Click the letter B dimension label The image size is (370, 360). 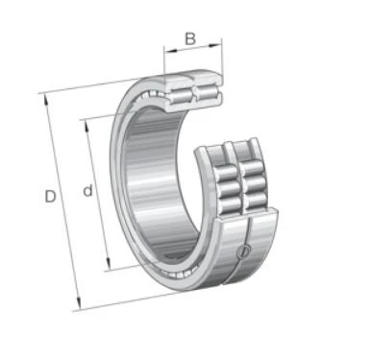tap(190, 38)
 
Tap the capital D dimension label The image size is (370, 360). tap(50, 196)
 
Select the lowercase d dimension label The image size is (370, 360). tap(87, 190)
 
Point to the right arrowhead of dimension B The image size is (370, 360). tap(215, 45)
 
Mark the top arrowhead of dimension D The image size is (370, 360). tap(46, 100)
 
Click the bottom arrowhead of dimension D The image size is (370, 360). tap(79, 303)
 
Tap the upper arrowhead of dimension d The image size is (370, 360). tap(86, 127)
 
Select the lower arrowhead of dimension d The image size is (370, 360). tap(109, 264)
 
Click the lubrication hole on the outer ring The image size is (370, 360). tap(243, 252)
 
